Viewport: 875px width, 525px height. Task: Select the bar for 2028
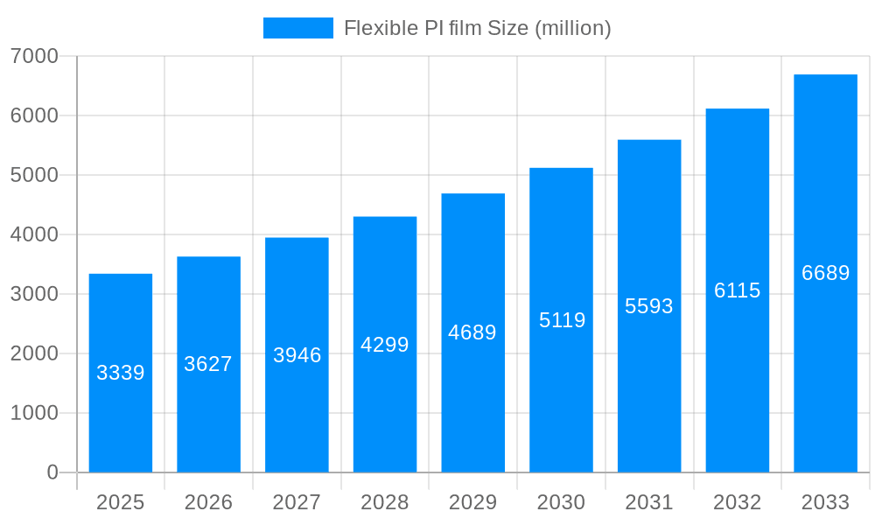(385, 402)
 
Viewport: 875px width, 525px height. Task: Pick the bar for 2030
(561, 394)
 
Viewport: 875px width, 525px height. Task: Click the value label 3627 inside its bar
(208, 364)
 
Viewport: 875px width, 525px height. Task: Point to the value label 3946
(297, 355)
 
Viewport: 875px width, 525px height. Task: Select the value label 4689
(472, 332)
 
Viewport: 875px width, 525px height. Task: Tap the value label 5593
(649, 306)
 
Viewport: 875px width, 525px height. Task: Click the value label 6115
(737, 290)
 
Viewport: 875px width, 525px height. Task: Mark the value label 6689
(825, 273)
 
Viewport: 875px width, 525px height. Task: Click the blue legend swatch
(298, 28)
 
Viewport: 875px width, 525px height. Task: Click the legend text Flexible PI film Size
(477, 28)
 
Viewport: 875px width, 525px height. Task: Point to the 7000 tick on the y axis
(34, 56)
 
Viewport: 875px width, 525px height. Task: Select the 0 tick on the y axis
(52, 472)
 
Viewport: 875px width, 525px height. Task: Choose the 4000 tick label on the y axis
(34, 234)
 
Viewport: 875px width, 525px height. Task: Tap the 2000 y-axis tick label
(34, 353)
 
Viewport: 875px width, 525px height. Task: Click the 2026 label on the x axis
(208, 502)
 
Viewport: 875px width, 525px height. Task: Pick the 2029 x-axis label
(472, 502)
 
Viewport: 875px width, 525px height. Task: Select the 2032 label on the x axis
(737, 502)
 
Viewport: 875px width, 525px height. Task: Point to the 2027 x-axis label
(297, 502)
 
